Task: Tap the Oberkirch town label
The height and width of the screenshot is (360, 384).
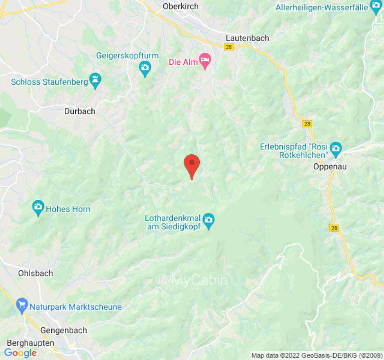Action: tap(181, 7)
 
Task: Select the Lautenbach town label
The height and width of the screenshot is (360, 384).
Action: tap(247, 38)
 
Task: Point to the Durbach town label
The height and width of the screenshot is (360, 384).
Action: tap(80, 111)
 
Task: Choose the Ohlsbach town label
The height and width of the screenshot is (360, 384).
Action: tap(36, 273)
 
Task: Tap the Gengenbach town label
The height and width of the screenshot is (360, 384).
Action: tap(63, 330)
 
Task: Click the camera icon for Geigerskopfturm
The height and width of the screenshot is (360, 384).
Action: tap(145, 68)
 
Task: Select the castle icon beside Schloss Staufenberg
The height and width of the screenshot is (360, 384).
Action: tap(95, 81)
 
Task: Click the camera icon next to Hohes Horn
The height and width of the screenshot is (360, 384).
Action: tap(38, 207)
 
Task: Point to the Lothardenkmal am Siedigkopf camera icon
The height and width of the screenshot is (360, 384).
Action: tap(208, 220)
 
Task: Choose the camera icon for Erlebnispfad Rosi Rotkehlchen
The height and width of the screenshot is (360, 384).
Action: tap(335, 148)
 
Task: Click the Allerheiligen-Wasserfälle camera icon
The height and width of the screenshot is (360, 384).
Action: tap(375, 7)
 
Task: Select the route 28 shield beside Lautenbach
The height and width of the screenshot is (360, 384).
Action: tap(230, 47)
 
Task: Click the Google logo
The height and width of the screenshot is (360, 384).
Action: tap(20, 353)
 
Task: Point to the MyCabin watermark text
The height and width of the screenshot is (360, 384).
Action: tap(192, 280)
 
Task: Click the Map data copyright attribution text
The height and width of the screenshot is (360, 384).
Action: tap(317, 355)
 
